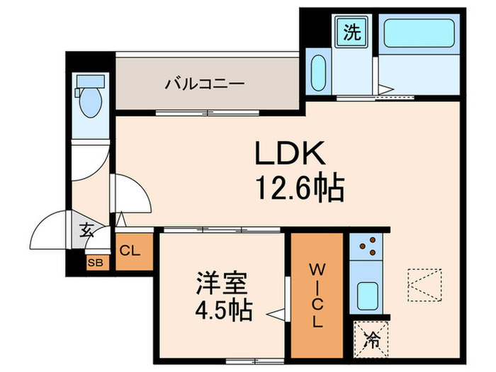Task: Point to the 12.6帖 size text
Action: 299,188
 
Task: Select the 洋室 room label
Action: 222,284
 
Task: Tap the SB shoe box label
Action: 94,262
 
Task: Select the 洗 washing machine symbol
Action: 352,33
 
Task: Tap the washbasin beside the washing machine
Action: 319,71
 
